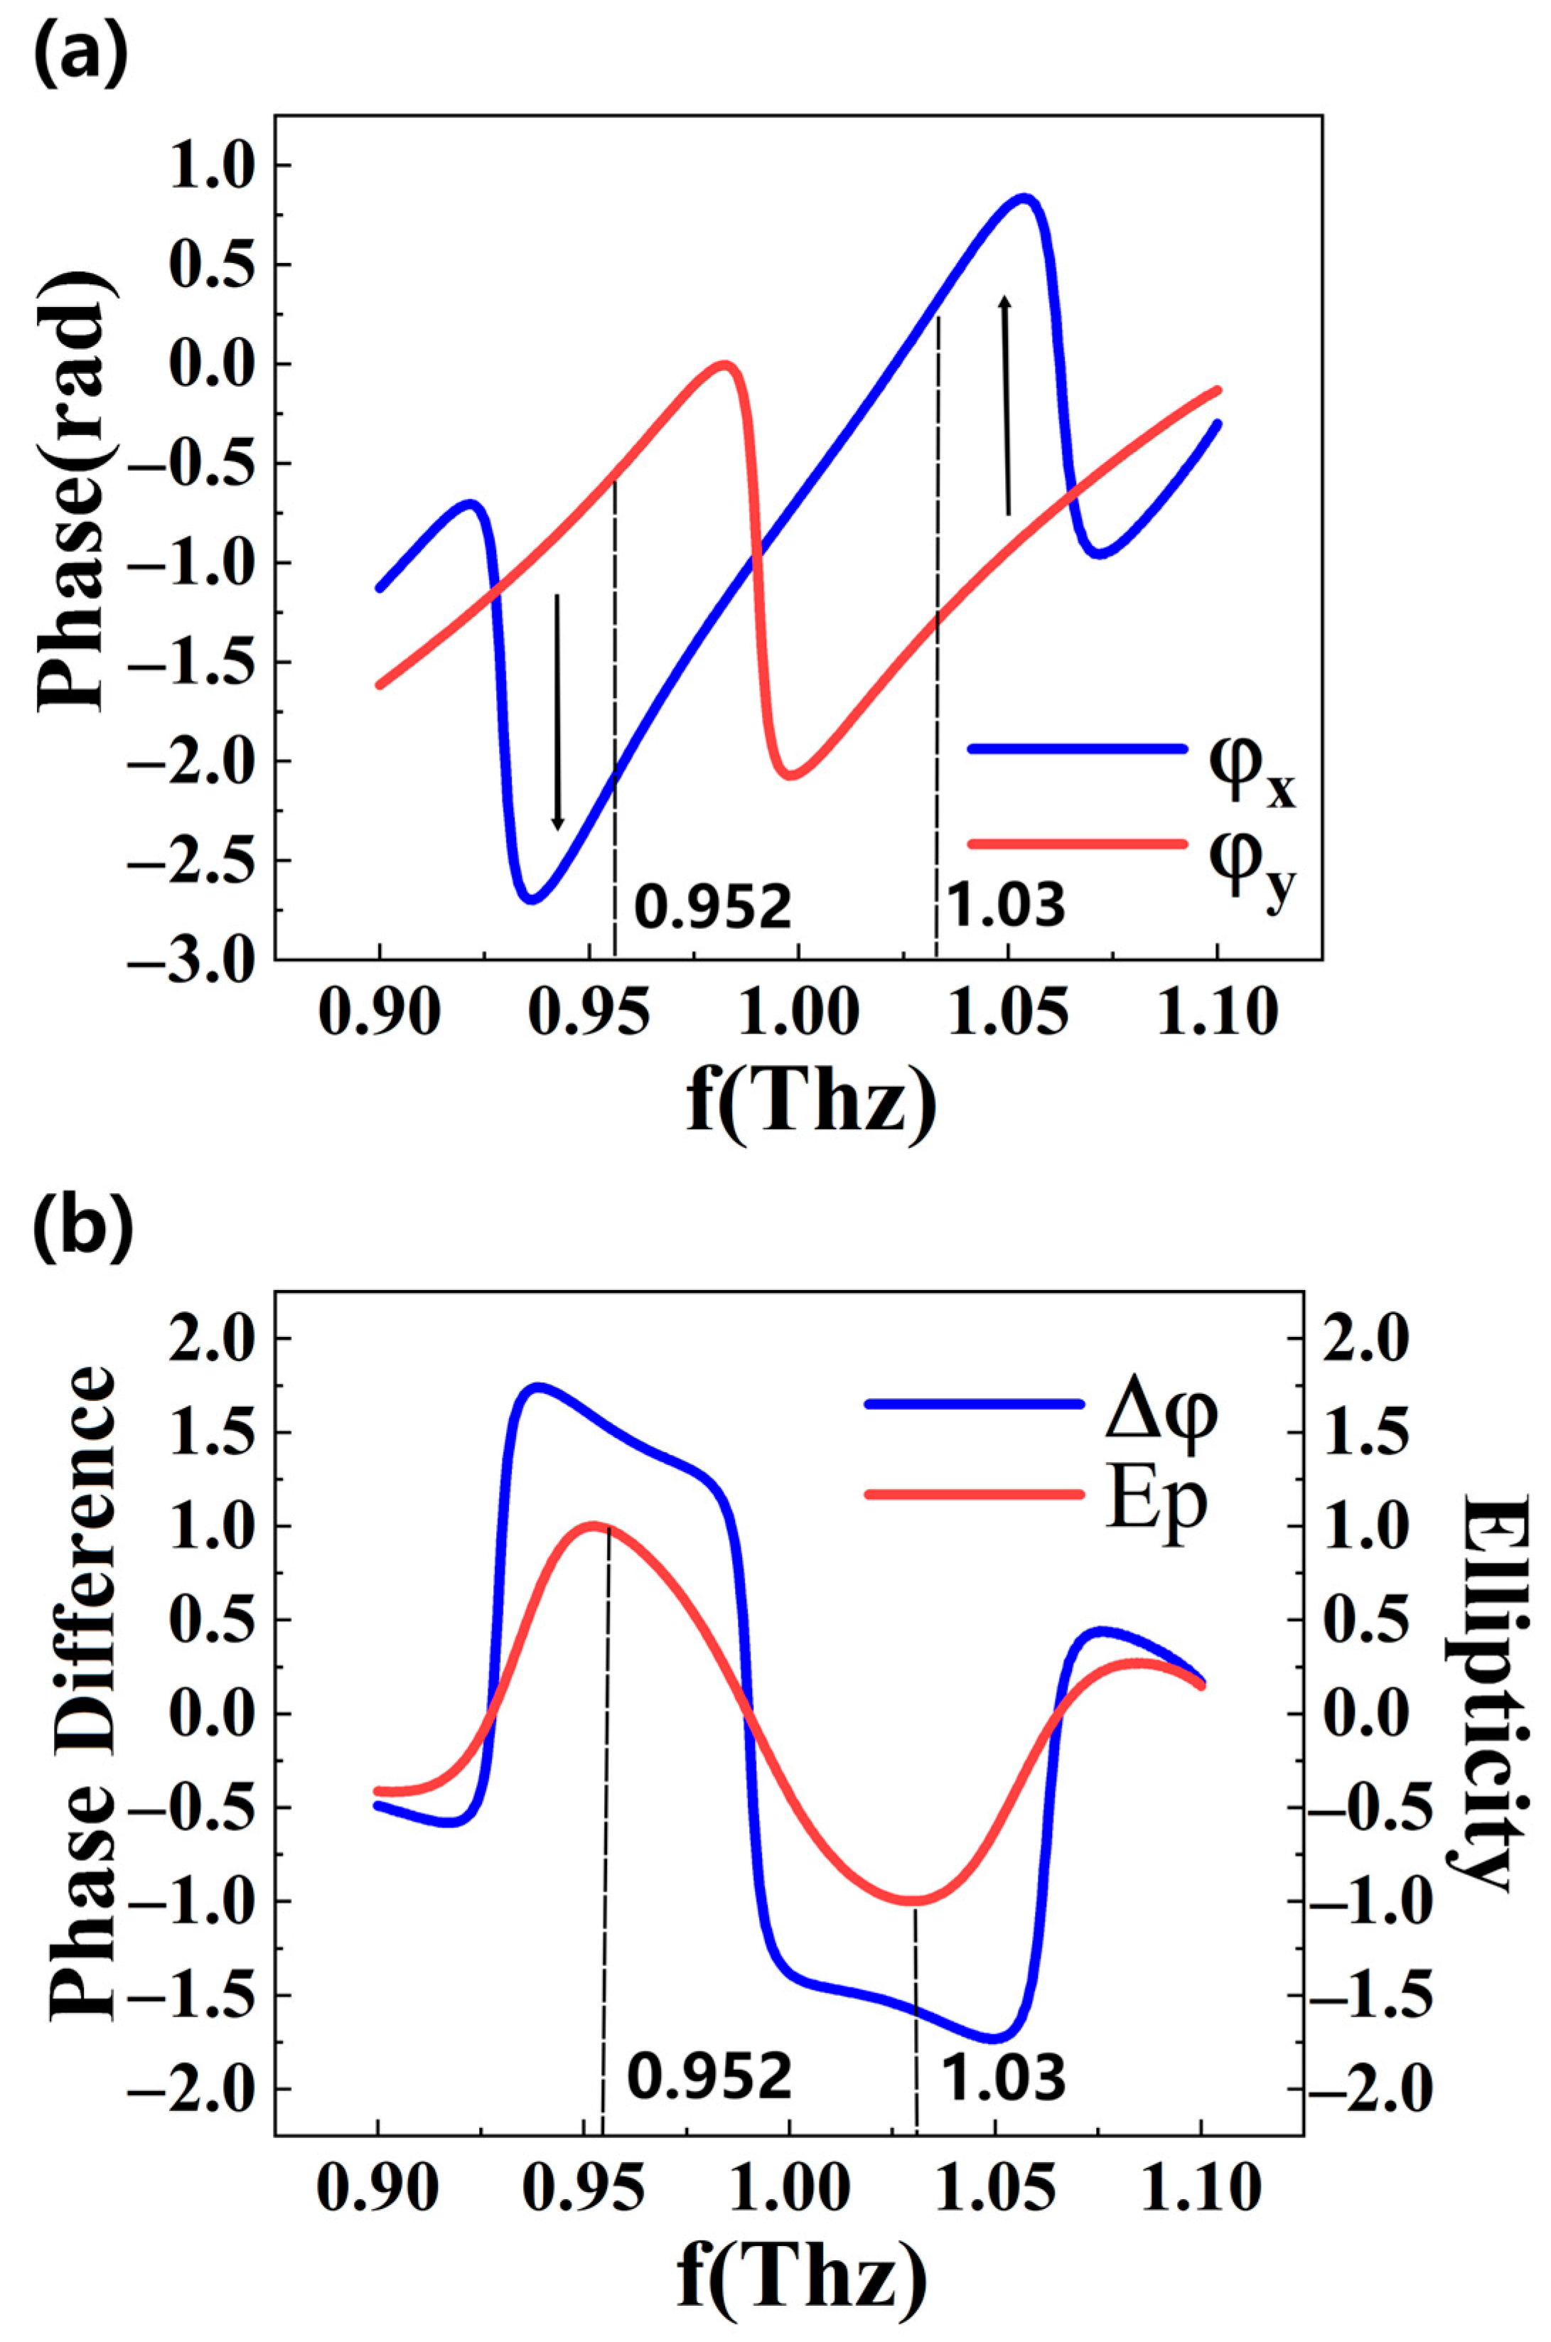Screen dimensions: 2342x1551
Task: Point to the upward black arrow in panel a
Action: point(1006,406)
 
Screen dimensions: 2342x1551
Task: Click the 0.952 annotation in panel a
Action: point(712,906)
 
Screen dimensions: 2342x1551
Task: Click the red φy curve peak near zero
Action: point(725,365)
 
